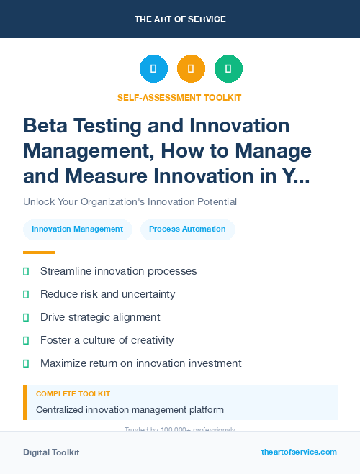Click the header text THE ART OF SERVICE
(x=180, y=19)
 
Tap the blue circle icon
(x=153, y=69)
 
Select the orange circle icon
(x=191, y=69)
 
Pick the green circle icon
(x=228, y=69)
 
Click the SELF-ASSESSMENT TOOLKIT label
(x=180, y=97)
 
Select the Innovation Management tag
(x=77, y=229)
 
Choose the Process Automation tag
(x=187, y=229)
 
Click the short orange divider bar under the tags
(x=39, y=252)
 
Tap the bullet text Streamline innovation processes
(x=118, y=271)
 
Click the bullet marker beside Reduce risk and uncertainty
(x=26, y=294)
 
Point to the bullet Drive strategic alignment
(x=100, y=317)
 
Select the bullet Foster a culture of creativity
(x=107, y=340)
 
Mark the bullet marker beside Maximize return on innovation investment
(x=26, y=363)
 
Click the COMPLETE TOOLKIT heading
(x=73, y=394)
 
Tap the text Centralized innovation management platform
(x=130, y=410)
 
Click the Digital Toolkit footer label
(x=51, y=452)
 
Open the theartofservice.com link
(x=299, y=452)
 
